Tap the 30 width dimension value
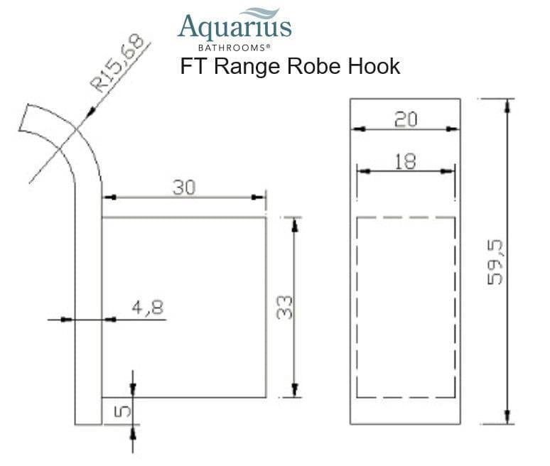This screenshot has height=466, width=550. click(184, 188)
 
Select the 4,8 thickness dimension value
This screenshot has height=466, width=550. click(147, 308)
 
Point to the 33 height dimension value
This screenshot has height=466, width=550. click(285, 307)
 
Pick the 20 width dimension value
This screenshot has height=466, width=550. click(405, 119)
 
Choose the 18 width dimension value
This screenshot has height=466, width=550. click(405, 161)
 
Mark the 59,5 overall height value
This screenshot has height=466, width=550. click(495, 261)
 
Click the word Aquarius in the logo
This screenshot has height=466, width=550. click(234, 27)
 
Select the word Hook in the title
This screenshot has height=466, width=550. click(372, 67)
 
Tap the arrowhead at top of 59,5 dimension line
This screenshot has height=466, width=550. click(507, 104)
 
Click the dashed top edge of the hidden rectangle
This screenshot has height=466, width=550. click(405, 217)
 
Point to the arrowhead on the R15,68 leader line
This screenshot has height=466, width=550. click(90, 113)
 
